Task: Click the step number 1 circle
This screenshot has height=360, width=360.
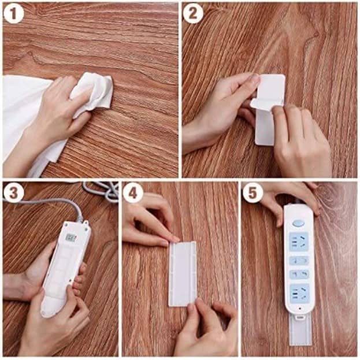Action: coord(13,14)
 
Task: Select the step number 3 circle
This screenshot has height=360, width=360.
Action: coord(13,192)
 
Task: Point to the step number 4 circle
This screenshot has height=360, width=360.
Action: coord(133,193)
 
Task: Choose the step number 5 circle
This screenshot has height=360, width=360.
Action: coord(253,193)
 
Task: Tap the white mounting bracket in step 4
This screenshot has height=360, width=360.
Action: coord(183,272)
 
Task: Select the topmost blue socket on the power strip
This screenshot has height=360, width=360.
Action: coord(299,242)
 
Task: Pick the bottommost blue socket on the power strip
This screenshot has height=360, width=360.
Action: coord(299,291)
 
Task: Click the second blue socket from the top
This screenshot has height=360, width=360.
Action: coord(299,261)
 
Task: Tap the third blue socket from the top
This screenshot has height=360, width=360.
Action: coord(299,274)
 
